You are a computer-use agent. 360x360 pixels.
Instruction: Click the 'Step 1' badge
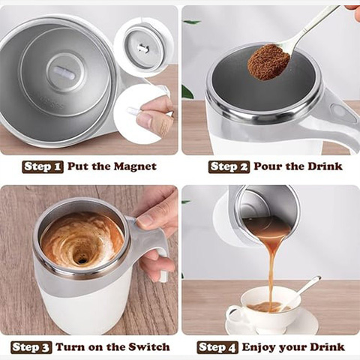[x=43, y=166]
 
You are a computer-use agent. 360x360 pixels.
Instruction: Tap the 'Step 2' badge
[x=229, y=166]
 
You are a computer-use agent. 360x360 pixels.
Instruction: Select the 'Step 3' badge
[x=31, y=347]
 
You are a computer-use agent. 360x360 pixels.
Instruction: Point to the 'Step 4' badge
[x=218, y=347]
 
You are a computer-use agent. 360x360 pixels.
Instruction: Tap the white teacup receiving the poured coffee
[x=255, y=307]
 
